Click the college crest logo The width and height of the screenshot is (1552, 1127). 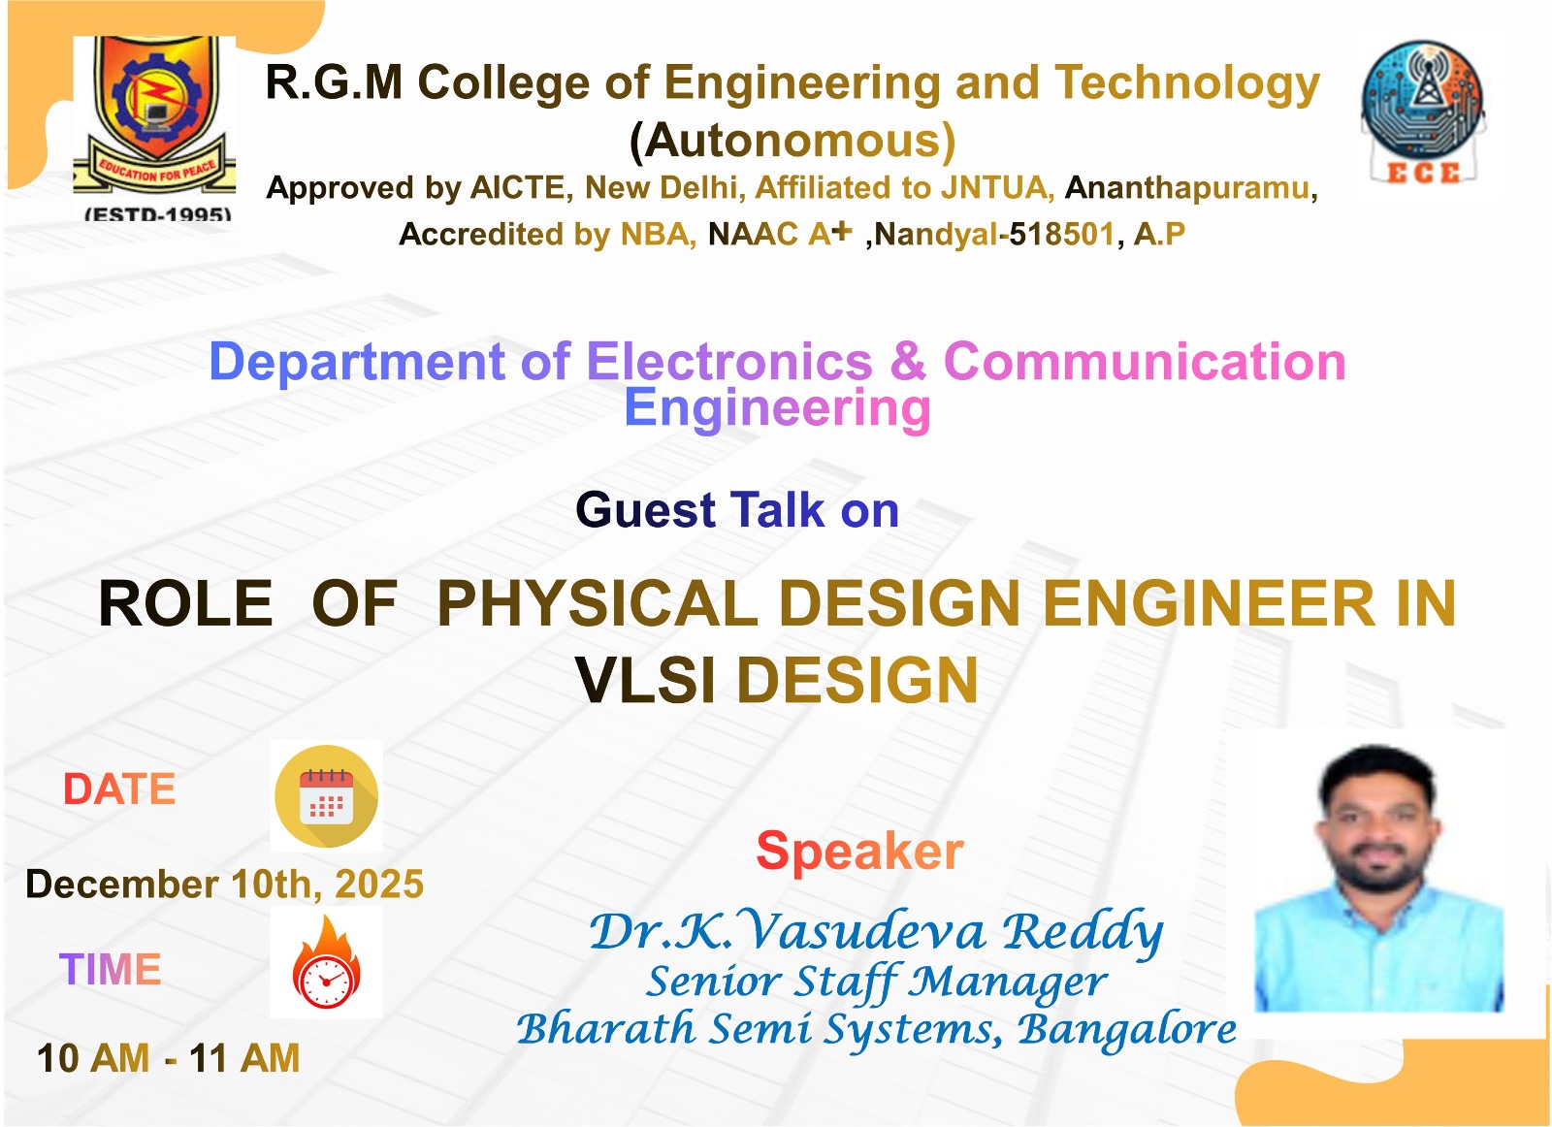(x=154, y=128)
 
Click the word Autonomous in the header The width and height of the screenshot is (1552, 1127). (x=792, y=141)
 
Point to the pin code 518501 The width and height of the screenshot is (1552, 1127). (x=1061, y=234)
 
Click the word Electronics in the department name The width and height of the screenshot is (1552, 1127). (x=728, y=362)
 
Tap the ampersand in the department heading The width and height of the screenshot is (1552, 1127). (x=908, y=362)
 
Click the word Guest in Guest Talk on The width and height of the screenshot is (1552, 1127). (x=645, y=510)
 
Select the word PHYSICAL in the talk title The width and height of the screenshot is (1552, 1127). (x=598, y=603)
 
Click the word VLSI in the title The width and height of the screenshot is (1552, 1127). (x=645, y=680)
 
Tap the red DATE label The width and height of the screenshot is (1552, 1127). (x=119, y=789)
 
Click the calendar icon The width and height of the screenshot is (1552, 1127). (x=326, y=796)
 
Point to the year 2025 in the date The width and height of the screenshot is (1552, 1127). (x=379, y=884)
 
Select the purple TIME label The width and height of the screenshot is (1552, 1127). (x=111, y=969)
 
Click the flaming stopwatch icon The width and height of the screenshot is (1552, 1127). (x=326, y=962)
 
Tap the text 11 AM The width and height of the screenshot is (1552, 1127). (x=244, y=1058)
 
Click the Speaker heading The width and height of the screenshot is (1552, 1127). (x=859, y=851)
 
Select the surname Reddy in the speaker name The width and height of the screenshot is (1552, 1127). (x=1083, y=933)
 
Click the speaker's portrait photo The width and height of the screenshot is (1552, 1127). (x=1378, y=879)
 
